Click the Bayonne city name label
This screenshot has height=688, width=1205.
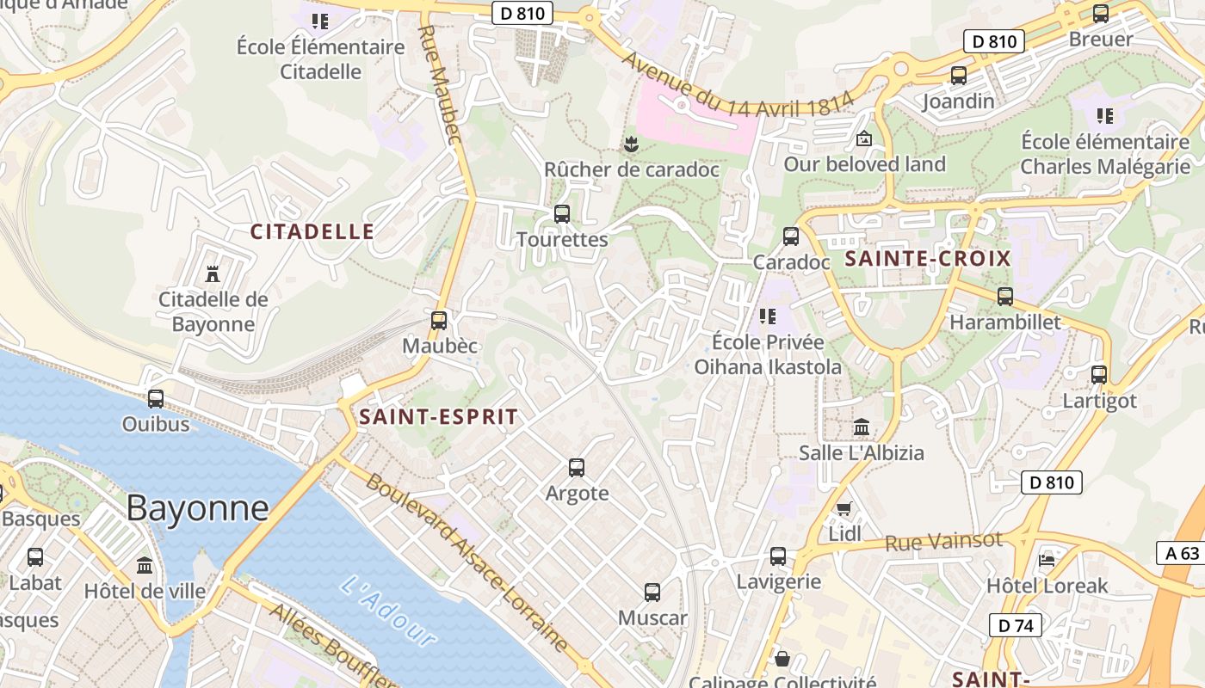tap(197, 508)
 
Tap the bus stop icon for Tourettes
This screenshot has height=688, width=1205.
tap(562, 213)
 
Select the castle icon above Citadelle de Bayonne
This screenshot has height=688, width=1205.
tap(213, 274)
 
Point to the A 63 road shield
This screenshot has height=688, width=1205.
tap(1181, 553)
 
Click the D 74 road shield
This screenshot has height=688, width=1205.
tap(1016, 625)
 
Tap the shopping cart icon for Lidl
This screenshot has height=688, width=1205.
tap(844, 508)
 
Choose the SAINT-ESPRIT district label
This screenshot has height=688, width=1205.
tap(439, 418)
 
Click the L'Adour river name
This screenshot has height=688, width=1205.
tap(388, 611)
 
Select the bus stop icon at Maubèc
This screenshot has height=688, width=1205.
tap(439, 321)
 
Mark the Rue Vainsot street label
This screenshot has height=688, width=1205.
tap(944, 542)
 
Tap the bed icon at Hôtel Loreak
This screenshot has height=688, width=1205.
tap(1047, 560)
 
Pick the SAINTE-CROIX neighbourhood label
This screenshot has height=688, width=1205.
tap(928, 259)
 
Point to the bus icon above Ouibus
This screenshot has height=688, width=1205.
tap(156, 399)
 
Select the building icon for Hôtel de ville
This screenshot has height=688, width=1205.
tap(145, 566)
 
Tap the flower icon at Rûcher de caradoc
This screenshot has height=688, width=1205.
tap(632, 144)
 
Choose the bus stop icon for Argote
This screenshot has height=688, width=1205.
tap(577, 468)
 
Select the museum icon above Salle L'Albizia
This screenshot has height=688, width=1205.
tap(862, 427)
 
